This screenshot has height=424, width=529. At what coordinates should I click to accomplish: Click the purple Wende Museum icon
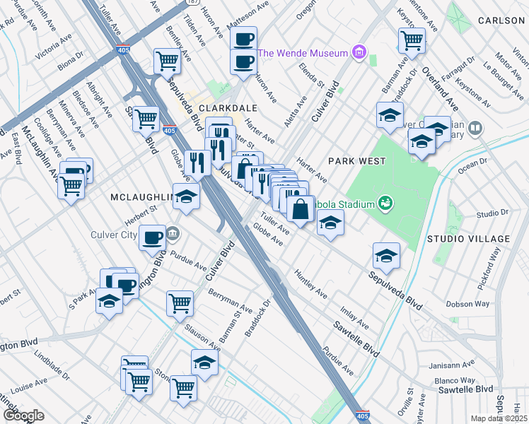359,52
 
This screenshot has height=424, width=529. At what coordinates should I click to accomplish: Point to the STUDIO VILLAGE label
467,239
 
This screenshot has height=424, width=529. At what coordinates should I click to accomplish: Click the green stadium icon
385,204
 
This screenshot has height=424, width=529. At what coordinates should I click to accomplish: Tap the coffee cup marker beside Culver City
152,237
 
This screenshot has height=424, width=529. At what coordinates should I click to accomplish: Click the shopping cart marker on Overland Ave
412,40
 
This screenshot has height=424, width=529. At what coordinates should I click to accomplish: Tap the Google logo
23,416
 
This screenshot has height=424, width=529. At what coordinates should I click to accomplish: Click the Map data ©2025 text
499,418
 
